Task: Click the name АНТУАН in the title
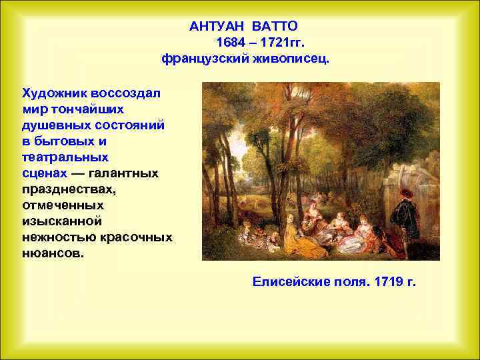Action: click(x=217, y=26)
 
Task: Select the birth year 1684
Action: click(x=230, y=43)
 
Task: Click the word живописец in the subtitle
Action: click(x=291, y=59)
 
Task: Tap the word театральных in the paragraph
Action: click(x=65, y=157)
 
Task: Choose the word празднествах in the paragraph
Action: click(x=68, y=189)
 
